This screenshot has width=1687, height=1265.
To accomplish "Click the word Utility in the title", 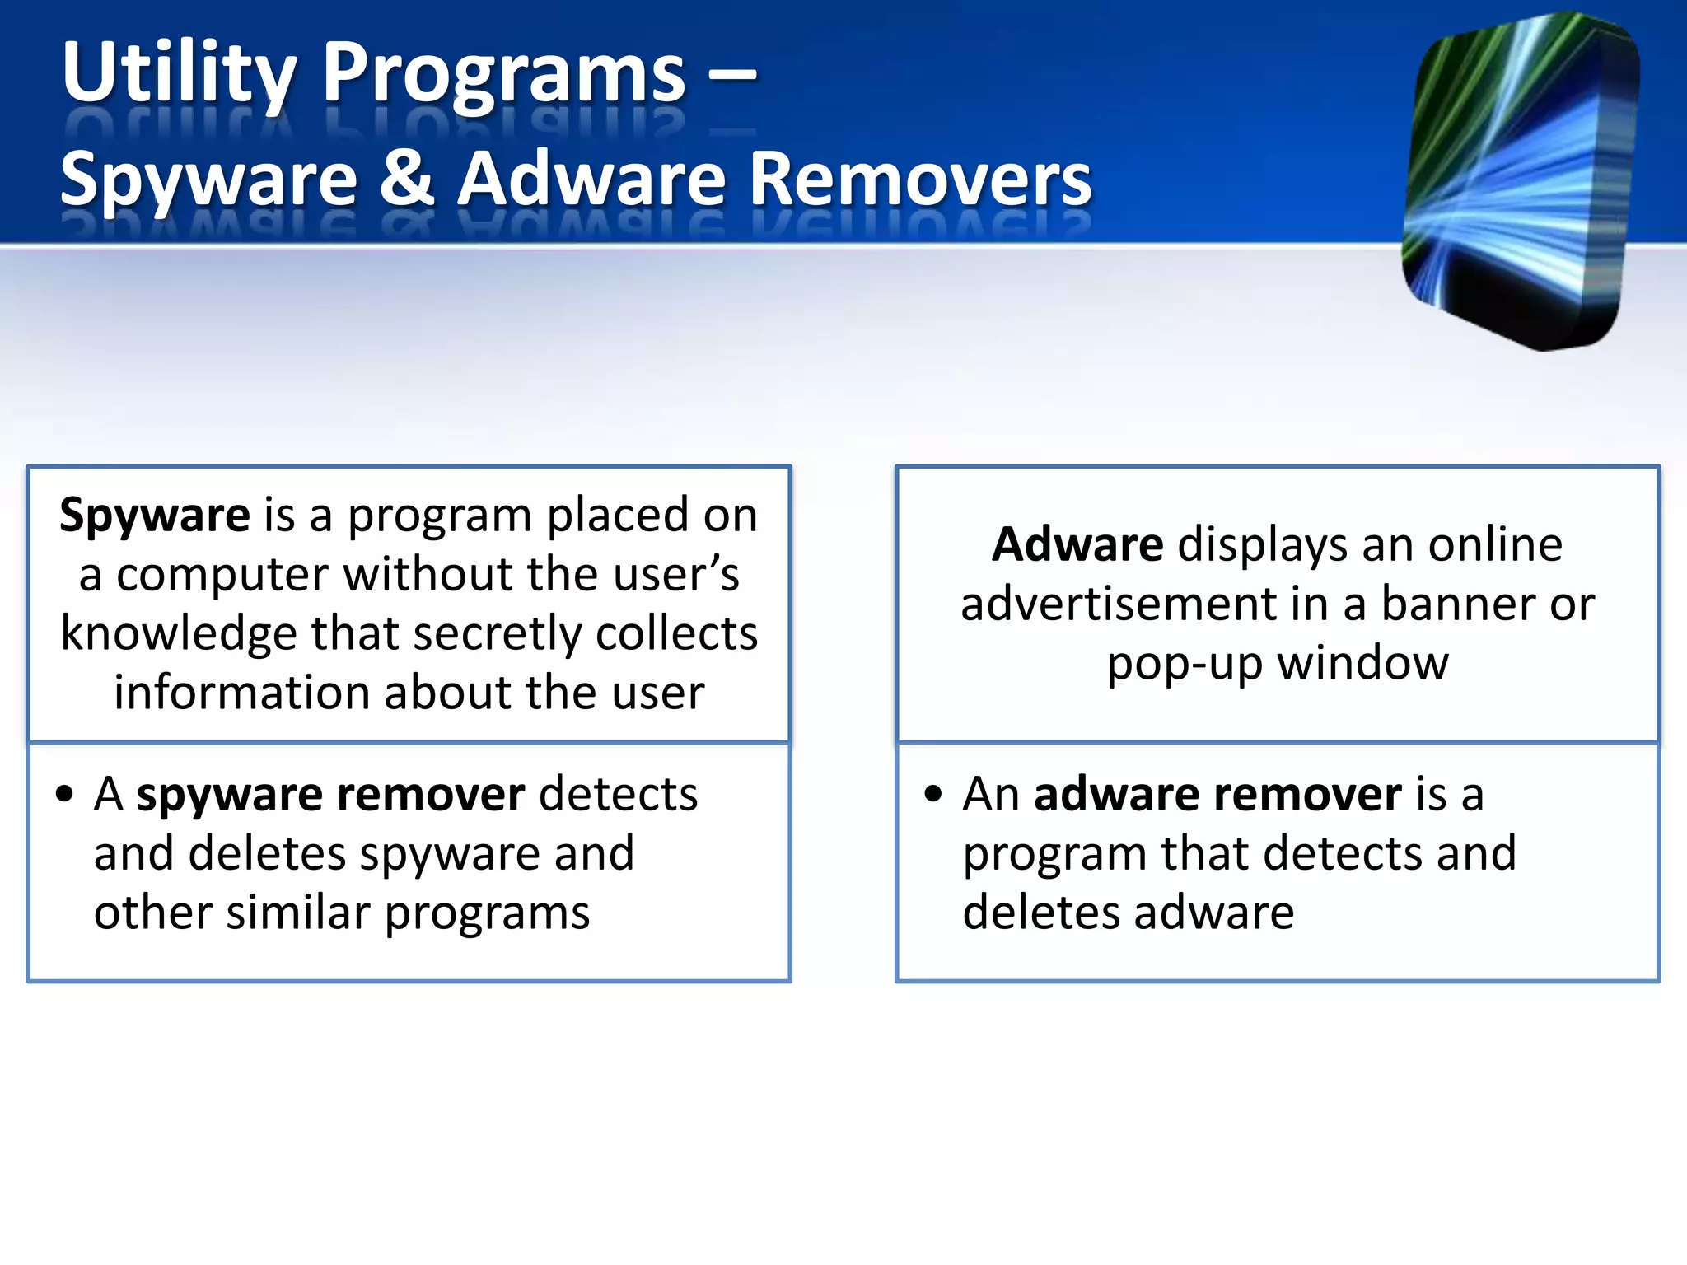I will click(177, 74).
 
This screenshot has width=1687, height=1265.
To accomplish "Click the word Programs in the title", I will click(503, 74).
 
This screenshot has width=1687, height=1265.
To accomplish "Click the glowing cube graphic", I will click(1520, 181).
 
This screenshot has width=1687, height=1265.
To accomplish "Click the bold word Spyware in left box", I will click(154, 516).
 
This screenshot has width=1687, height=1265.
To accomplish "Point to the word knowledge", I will click(178, 634).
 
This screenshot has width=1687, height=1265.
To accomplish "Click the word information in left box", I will click(241, 693).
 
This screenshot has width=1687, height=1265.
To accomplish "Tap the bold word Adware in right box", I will click(1077, 545).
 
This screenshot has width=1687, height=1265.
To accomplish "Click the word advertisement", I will click(1118, 604).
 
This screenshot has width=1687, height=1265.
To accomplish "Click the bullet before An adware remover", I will click(932, 795).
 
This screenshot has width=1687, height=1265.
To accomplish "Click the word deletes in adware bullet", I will click(1040, 913).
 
